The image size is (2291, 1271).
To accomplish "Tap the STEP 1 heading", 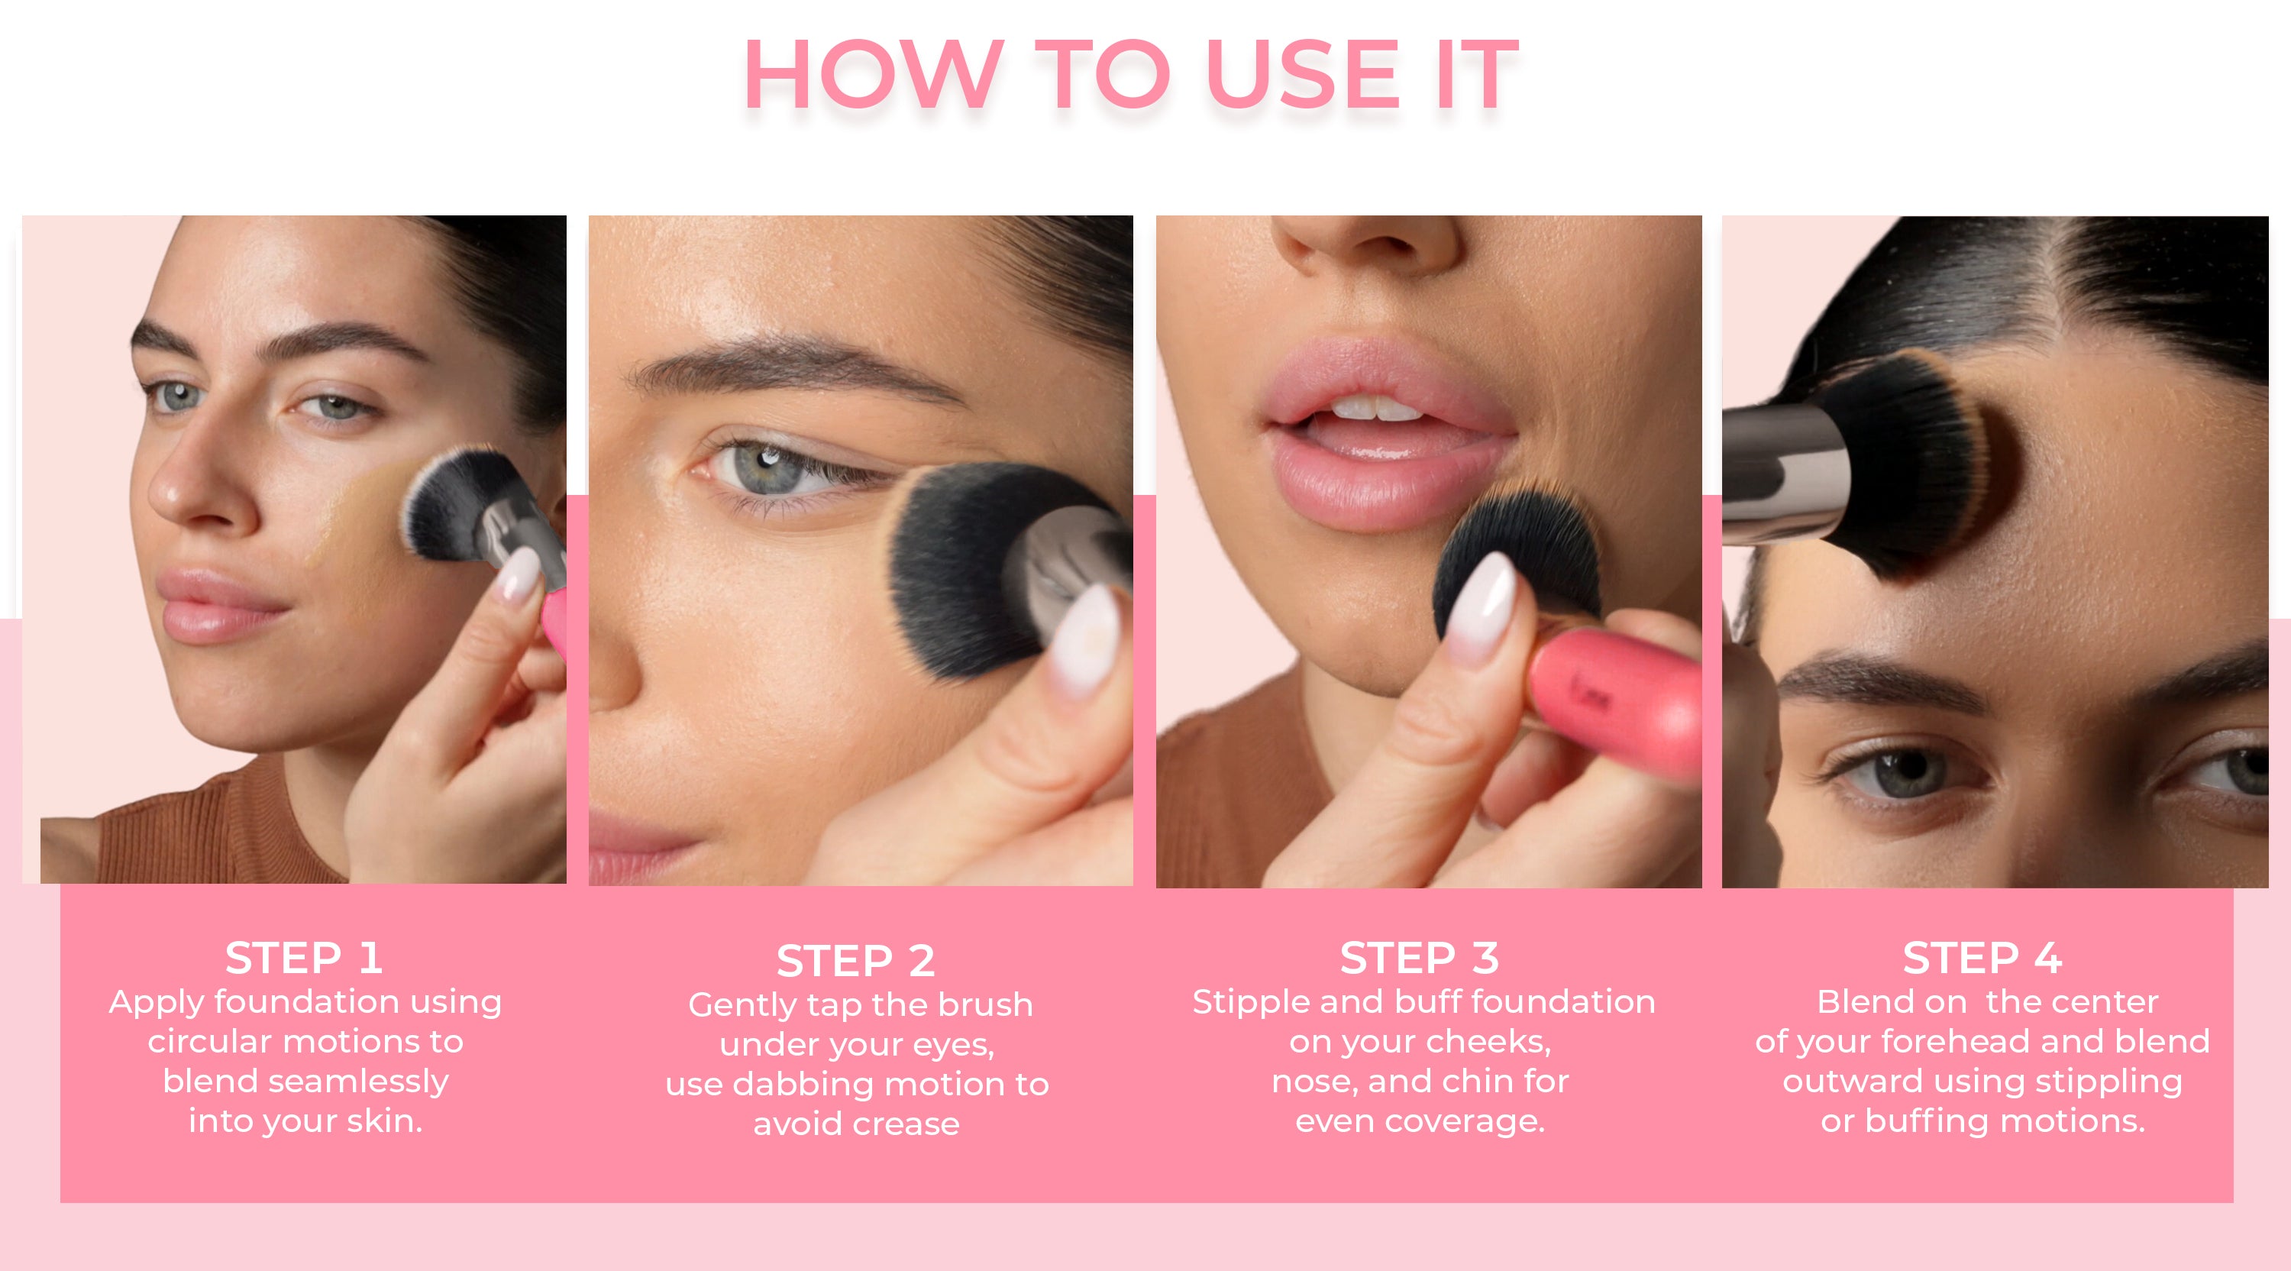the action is point(304,958).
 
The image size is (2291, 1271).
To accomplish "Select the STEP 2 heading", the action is point(855,961).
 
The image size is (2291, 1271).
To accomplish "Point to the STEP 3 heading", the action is point(1420,958).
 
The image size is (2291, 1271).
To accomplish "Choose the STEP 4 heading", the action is point(1982,958).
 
